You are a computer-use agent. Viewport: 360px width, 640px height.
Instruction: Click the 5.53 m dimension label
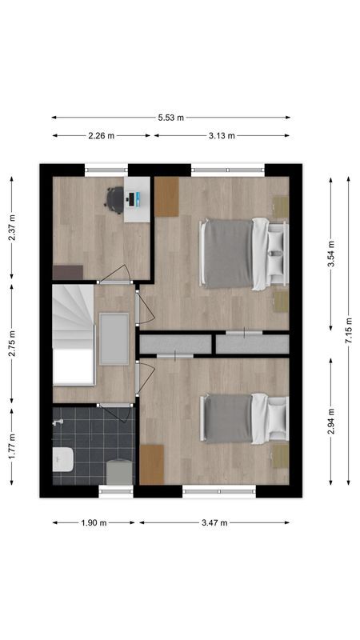point(170,118)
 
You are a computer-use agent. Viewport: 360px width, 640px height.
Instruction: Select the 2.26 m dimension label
point(102,136)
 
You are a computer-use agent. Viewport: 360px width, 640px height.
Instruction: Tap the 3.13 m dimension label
point(222,136)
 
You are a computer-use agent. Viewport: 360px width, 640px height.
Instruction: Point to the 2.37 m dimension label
point(12,228)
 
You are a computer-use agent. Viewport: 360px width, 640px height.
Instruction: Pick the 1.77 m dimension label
point(12,447)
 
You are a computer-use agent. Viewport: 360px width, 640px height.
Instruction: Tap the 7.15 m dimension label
point(348,330)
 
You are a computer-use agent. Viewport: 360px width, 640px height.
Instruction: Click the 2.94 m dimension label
point(331,421)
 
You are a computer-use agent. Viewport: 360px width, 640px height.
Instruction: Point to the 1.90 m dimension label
point(94,522)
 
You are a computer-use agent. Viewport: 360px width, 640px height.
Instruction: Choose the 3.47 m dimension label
point(214,522)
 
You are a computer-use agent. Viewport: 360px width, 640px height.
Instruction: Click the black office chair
point(115,199)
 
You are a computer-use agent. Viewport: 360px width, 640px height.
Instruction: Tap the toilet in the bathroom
point(63,460)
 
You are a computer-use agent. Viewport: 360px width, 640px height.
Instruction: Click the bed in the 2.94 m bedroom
point(242,418)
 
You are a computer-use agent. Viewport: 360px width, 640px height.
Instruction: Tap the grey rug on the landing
point(114,338)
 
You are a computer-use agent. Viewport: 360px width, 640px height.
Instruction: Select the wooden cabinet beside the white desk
point(166,197)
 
